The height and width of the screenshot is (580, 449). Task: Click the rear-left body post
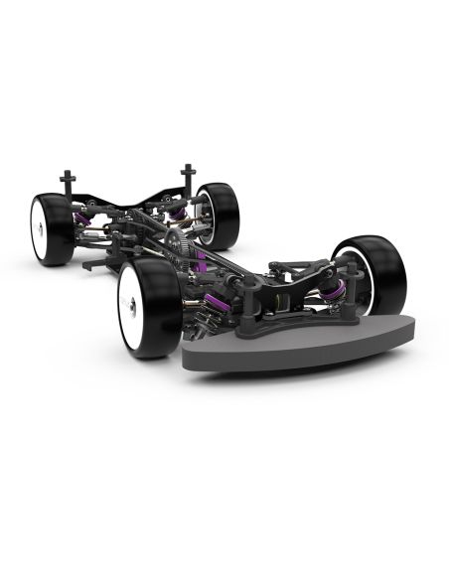pos(68,183)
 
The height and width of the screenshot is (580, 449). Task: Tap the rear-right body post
pos(186,178)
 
